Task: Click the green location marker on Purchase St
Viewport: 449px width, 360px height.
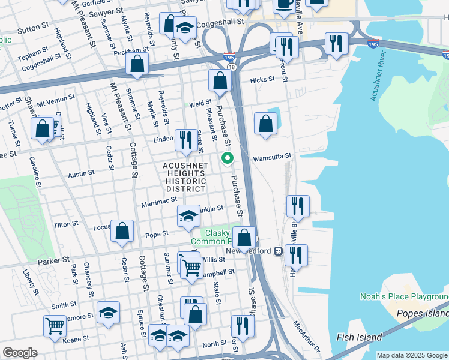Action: point(228,158)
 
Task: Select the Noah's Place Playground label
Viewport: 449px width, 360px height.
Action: point(403,296)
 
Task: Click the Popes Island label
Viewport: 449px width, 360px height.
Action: point(423,313)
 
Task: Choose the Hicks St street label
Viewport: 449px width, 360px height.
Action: point(262,79)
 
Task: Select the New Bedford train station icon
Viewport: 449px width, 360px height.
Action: point(278,251)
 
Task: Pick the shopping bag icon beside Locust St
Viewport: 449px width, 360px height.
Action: point(122,231)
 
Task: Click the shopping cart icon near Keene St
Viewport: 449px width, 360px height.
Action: point(55,326)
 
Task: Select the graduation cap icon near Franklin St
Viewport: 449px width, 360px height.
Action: point(188,215)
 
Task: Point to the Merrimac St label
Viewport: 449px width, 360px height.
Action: point(157,204)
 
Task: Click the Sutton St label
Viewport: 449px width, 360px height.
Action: point(33,28)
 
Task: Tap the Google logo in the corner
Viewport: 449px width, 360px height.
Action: point(20,353)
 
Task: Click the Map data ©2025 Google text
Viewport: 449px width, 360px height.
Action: point(412,355)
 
